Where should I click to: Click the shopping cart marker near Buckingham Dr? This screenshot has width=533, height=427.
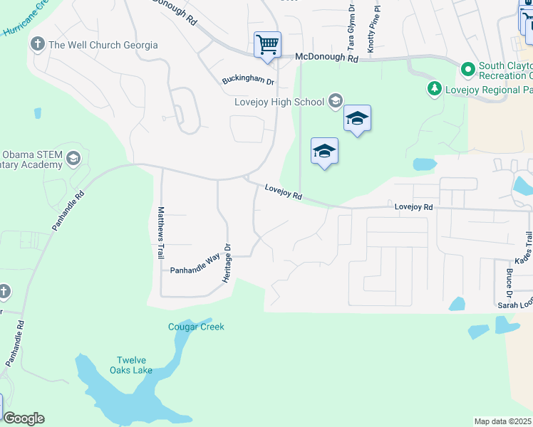(267, 45)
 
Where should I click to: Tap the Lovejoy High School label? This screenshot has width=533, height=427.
(279, 102)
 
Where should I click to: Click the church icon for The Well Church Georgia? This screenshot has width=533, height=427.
(37, 45)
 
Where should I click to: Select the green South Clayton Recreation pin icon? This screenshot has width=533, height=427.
(468, 70)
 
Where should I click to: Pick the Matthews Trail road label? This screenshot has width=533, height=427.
(161, 232)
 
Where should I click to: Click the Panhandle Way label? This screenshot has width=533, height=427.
(196, 270)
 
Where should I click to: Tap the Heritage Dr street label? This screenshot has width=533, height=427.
(227, 264)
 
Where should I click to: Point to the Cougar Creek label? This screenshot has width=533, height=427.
(196, 327)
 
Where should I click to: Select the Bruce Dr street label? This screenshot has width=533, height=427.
(509, 283)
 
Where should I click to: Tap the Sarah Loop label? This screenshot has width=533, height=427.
(514, 305)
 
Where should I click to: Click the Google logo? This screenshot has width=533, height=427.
(24, 418)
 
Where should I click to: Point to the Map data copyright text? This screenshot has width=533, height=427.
(503, 421)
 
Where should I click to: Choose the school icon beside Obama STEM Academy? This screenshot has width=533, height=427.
(73, 159)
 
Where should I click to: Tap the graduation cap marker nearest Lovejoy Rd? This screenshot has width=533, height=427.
(324, 152)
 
